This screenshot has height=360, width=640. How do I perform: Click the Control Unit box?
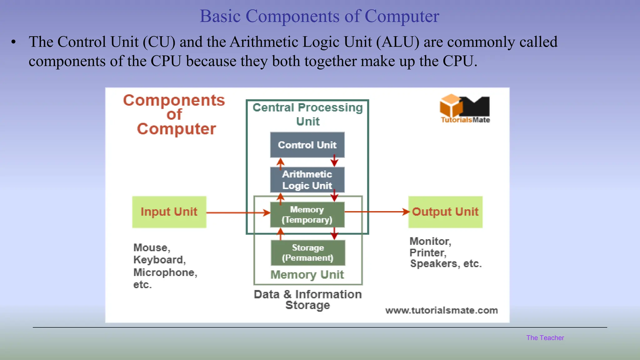(x=307, y=145)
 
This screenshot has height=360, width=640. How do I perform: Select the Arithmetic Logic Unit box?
(x=307, y=180)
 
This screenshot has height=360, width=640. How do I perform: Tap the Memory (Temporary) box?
(x=307, y=214)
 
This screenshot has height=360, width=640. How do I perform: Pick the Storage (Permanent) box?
(x=308, y=252)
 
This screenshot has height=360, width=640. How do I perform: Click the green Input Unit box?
(x=169, y=212)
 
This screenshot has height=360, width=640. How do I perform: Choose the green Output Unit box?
(x=445, y=212)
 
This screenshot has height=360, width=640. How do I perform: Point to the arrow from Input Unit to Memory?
(x=237, y=213)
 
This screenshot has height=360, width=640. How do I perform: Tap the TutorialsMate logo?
(x=465, y=109)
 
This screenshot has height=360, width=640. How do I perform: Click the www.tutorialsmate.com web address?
(x=441, y=310)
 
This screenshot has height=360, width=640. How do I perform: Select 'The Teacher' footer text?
(x=545, y=338)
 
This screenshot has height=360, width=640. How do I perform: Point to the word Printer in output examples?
(x=427, y=252)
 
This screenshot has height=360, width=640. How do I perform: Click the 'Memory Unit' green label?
(x=307, y=275)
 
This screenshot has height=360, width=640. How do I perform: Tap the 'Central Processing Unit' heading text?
(x=307, y=114)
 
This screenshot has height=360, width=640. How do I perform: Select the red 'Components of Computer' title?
(x=174, y=114)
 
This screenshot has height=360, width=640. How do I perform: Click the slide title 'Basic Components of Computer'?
(x=319, y=16)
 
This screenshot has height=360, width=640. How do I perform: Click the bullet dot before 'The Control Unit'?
(x=13, y=42)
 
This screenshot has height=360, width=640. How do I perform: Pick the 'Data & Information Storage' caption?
(x=307, y=299)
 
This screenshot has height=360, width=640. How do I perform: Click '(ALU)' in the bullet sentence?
(x=397, y=42)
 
